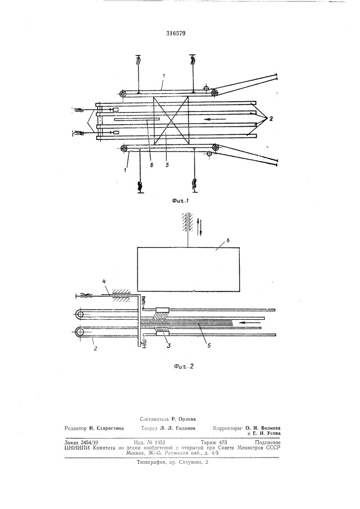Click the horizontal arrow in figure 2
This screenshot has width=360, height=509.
[x=250, y=322]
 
